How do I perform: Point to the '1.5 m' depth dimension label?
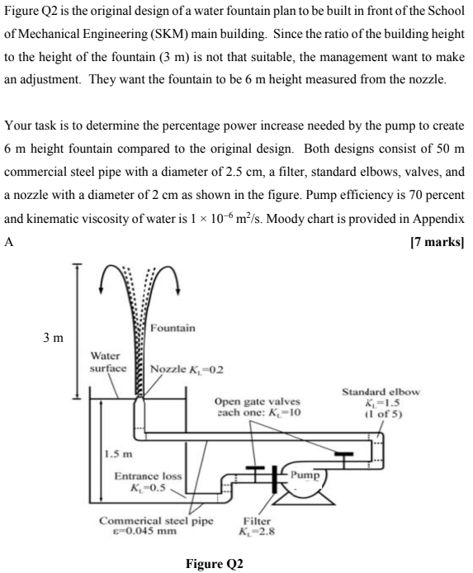tap(118, 455)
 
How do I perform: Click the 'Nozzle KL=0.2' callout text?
tap(180, 367)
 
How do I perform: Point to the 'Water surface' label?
tap(108, 361)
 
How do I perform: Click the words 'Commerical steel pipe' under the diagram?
tap(156, 521)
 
